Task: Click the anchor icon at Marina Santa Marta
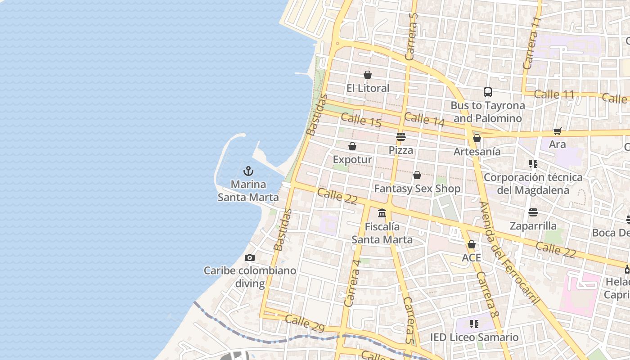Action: point(248,171)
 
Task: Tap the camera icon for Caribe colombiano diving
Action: point(250,258)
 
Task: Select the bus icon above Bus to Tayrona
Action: point(488,92)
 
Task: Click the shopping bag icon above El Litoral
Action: point(368,75)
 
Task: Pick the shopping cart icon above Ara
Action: point(558,131)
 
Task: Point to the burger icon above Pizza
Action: point(401,137)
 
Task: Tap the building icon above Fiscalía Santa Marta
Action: point(382,213)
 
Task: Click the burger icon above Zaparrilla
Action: point(533,212)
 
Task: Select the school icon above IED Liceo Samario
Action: point(474,324)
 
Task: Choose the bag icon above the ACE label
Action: point(472,244)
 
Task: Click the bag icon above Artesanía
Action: point(477,138)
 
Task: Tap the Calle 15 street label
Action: point(361,120)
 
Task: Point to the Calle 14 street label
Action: point(424,119)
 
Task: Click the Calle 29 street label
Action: point(305,324)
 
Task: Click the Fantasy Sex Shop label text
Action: point(417,189)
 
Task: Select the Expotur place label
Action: point(352,160)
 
